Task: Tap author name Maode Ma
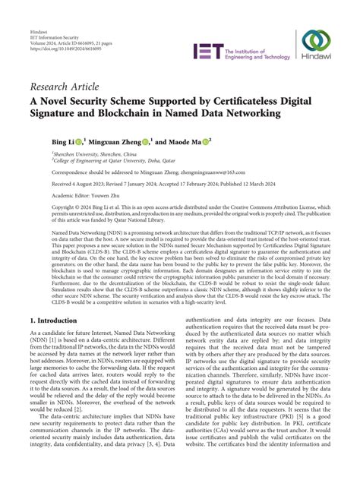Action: click(x=185, y=141)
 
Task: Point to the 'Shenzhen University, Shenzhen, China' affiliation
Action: click(x=85, y=153)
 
